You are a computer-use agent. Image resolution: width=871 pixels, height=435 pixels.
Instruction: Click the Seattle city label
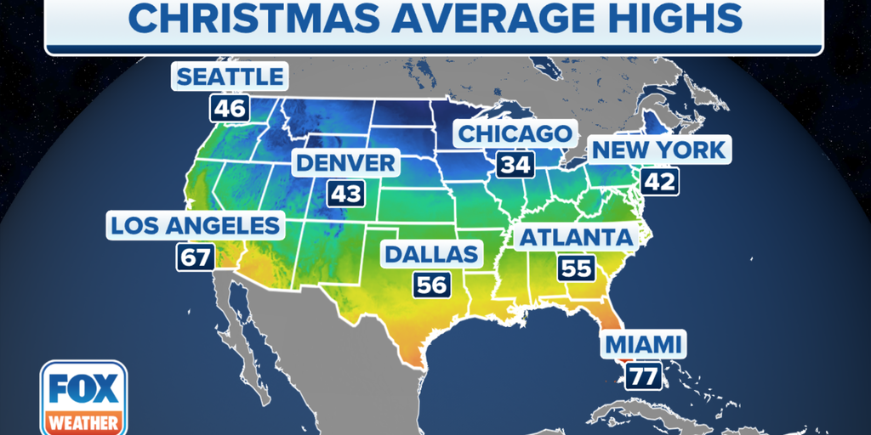pos(230,76)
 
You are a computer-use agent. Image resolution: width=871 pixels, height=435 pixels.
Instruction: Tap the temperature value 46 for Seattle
pos(230,109)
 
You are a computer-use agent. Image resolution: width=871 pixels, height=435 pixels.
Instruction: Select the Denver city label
pos(346,162)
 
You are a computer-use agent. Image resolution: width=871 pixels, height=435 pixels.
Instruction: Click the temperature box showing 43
pos(346,194)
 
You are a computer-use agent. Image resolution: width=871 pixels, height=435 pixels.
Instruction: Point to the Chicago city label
pos(515,133)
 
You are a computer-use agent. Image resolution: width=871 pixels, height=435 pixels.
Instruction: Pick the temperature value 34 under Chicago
pos(515,165)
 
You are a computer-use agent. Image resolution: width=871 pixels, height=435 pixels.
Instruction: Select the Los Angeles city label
pos(195,225)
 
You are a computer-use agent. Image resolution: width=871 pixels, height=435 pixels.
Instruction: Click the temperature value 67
pos(195,257)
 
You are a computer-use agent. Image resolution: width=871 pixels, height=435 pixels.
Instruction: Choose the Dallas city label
pos(431,253)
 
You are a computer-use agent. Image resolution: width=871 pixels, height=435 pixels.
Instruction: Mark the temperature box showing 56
pos(431,285)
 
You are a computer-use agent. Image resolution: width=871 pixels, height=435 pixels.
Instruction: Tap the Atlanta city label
pos(577,236)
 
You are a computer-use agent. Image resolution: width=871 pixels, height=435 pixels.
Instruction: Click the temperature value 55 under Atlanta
pos(576,268)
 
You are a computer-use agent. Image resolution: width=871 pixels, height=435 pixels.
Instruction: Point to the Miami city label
pos(643,345)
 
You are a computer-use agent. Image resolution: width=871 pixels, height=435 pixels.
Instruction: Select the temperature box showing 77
pos(643,376)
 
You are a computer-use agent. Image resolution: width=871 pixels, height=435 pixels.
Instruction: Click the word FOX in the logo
pos(83,389)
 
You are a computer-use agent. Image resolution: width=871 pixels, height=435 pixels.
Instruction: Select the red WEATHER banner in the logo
pos(83,421)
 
